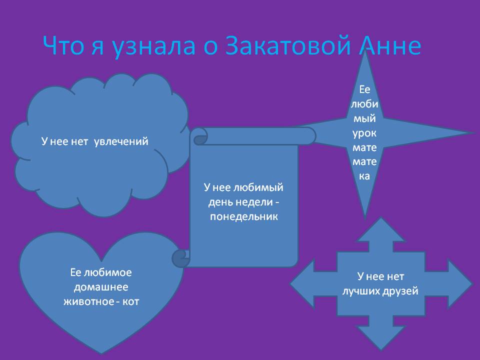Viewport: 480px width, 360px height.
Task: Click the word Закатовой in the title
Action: point(288,45)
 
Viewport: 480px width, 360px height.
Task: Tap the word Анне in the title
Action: point(390,45)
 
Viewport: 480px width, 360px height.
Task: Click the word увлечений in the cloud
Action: point(121,141)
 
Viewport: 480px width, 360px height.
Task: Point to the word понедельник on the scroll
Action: point(244,216)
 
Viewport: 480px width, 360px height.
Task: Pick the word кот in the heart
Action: point(130,302)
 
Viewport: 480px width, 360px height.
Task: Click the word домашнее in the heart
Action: point(101,287)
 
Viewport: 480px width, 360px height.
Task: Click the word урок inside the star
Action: point(364,133)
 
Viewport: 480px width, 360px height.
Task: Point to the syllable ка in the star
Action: point(364,176)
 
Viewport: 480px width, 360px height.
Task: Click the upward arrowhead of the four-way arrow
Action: point(380,229)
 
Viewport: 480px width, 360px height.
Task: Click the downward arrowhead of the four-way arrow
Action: point(381,338)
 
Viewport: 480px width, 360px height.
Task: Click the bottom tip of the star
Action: point(364,218)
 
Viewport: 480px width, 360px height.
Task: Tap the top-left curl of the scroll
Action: point(200,137)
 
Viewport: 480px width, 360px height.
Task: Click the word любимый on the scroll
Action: point(258,187)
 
